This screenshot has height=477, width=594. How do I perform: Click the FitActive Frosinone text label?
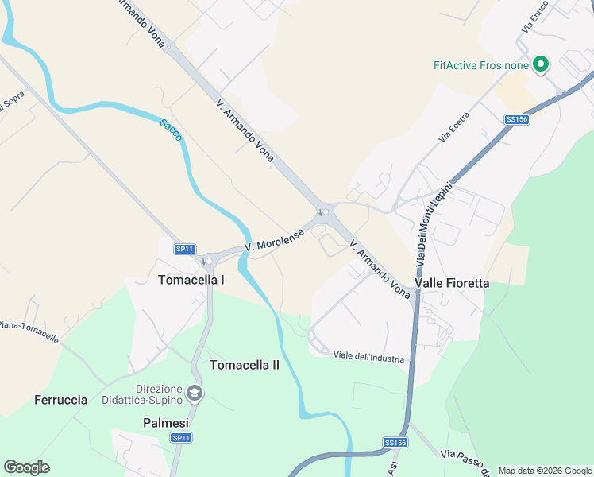tap(481, 65)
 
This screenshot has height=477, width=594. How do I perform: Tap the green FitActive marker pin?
tap(542, 64)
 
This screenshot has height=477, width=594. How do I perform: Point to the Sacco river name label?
tap(171, 130)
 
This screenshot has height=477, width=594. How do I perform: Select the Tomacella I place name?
tap(191, 280)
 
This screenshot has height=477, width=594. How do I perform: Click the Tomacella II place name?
tap(245, 365)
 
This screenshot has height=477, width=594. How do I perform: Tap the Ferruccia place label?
tap(61, 400)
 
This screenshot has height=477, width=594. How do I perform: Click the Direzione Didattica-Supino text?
tap(148, 394)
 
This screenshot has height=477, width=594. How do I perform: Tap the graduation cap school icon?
tap(195, 394)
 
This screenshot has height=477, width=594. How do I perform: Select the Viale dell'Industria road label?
tap(368, 358)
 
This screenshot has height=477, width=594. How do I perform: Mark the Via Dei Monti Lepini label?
tap(434, 226)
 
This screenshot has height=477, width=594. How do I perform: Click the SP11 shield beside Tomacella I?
tap(185, 249)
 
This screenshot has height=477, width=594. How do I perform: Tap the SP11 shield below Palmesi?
tap(181, 437)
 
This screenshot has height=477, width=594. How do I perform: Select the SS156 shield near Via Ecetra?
tap(516, 119)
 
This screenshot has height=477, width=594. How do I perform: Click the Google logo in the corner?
tap(27, 467)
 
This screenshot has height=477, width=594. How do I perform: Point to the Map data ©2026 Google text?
tap(545, 471)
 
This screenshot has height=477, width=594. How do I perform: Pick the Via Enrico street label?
tap(534, 17)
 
